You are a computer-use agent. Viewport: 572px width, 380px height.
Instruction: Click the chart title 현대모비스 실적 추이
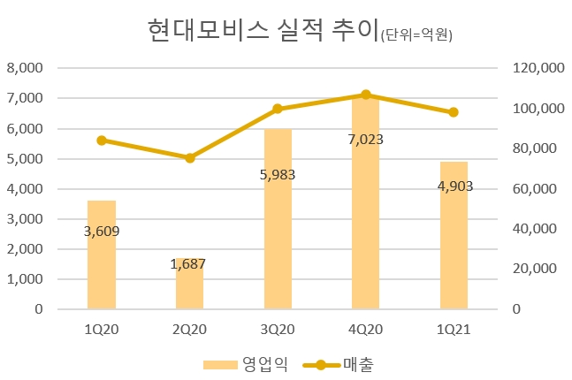click(x=262, y=30)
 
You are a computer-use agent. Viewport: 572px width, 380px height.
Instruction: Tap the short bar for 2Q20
click(x=189, y=284)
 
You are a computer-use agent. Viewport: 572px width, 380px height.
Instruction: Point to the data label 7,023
click(x=365, y=139)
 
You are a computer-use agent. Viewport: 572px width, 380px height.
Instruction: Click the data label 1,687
click(x=189, y=263)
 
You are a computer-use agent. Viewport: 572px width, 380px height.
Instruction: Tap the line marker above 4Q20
click(x=365, y=95)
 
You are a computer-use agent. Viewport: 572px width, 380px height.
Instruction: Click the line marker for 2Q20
click(x=189, y=158)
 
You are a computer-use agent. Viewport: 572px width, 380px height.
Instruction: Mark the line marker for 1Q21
click(x=454, y=112)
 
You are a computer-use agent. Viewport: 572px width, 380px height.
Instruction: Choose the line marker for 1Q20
click(x=101, y=141)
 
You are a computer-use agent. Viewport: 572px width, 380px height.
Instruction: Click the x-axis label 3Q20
click(x=278, y=329)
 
